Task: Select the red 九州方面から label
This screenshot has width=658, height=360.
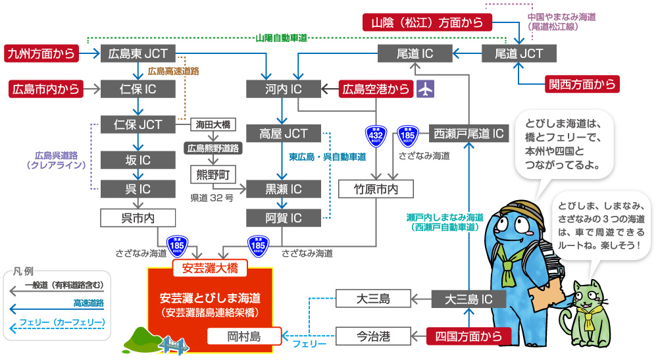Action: pos(41,53)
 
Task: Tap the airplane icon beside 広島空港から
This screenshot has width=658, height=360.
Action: pos(426,89)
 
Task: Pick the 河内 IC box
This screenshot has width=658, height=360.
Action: pos(283,89)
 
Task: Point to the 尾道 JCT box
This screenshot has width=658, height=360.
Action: pos(519,53)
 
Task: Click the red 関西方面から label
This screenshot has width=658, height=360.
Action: pos(582,84)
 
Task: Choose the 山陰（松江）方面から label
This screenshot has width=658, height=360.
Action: pos(427,23)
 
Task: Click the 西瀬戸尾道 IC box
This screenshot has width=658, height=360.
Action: pos(469,134)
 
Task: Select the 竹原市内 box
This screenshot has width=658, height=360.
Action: pos(376,189)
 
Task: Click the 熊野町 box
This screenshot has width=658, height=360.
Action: pos(213,174)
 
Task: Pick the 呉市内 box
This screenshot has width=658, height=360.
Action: pos(138,217)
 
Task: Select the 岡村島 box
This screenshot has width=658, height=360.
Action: pos(243,336)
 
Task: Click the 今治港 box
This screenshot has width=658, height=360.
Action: pos(373,336)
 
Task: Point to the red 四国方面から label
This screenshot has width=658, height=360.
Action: pos(468,336)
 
